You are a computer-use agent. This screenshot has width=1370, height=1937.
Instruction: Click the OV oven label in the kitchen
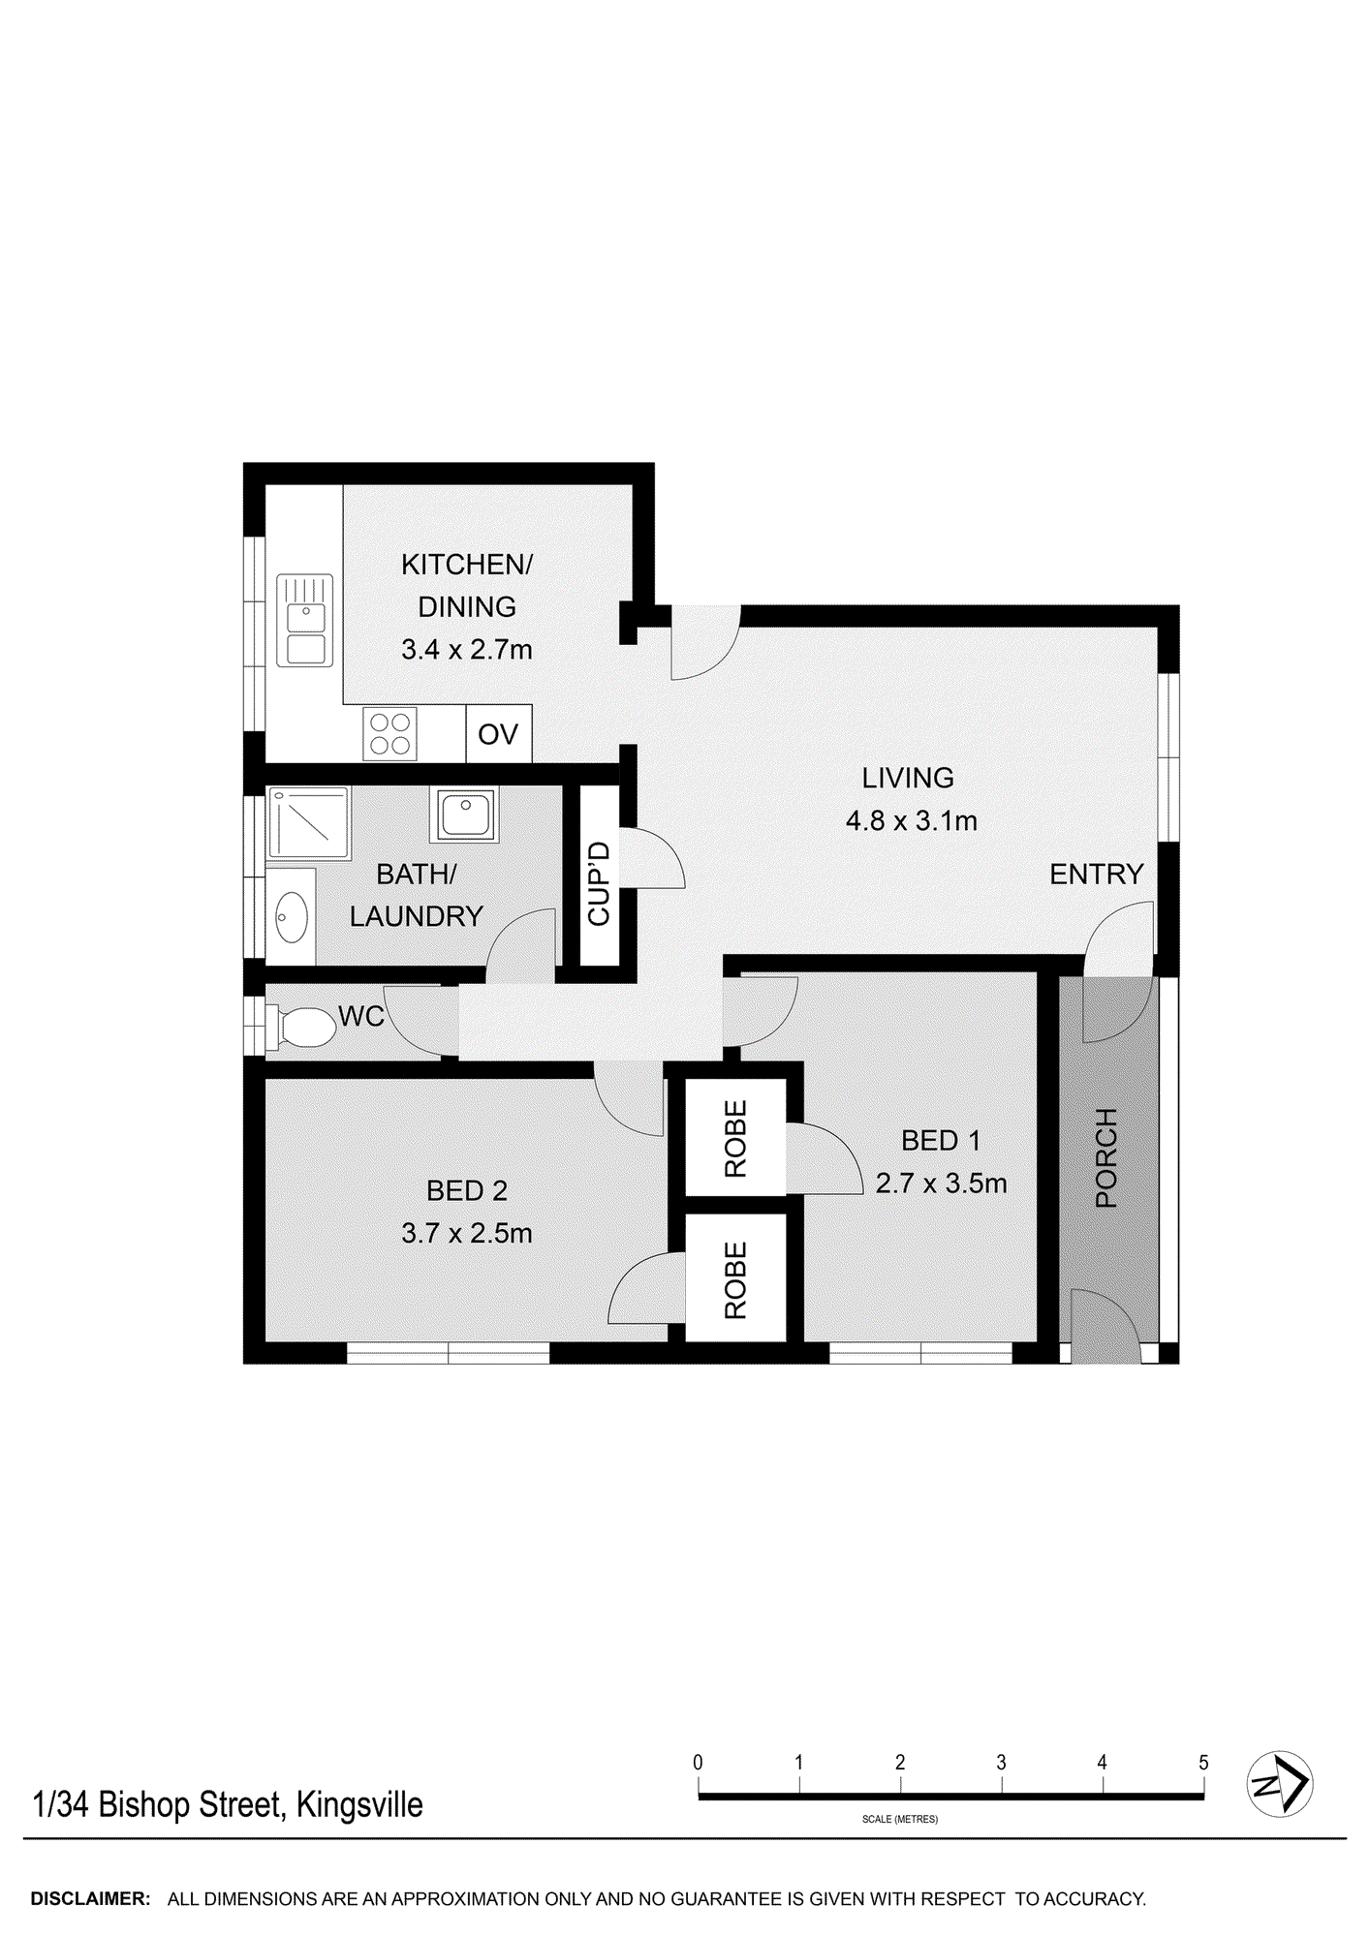(x=498, y=734)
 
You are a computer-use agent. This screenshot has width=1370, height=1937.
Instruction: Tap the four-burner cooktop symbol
(x=390, y=733)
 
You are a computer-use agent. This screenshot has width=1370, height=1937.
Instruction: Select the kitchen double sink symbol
(x=305, y=620)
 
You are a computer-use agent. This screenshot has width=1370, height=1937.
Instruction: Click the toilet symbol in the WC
(x=303, y=1028)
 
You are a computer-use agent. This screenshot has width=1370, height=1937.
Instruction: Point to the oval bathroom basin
(x=292, y=916)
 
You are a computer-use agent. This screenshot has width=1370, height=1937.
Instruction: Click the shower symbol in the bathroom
(x=308, y=823)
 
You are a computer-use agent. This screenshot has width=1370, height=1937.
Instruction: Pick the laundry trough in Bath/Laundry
(x=465, y=814)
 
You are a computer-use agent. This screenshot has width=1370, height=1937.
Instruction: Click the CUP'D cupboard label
(x=599, y=883)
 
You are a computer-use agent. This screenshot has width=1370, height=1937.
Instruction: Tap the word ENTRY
(x=1097, y=875)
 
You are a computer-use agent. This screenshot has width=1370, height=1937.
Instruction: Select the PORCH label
(x=1106, y=1157)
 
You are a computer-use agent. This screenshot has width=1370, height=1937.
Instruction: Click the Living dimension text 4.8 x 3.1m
(x=911, y=821)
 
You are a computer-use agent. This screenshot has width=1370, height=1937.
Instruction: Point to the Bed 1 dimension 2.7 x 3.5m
(x=941, y=1184)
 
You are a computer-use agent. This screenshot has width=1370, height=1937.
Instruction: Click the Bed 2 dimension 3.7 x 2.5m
(x=467, y=1233)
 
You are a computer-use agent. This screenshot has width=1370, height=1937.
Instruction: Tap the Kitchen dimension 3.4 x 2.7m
(x=467, y=650)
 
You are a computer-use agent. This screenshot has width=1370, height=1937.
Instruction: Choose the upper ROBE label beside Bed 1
(x=735, y=1138)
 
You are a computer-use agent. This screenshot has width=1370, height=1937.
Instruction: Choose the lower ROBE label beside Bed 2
(x=735, y=1279)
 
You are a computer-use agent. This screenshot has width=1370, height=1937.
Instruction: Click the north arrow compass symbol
(x=1279, y=1783)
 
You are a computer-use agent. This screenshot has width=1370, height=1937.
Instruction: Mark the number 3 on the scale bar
(x=1001, y=1763)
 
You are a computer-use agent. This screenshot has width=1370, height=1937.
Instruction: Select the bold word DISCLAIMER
(x=90, y=1899)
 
